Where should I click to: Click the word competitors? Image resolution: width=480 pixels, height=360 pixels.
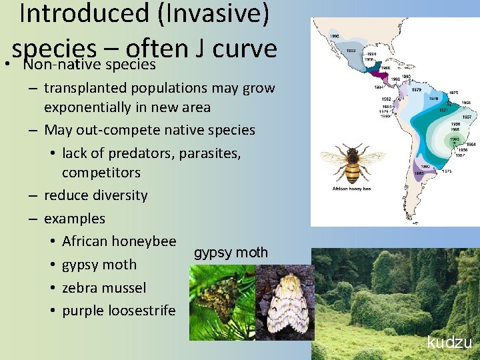point(101,173)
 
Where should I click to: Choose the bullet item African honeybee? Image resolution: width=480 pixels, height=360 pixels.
point(119,241)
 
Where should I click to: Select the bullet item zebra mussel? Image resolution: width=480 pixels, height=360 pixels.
point(104,287)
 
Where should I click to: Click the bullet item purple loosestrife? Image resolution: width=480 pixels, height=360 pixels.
point(119,311)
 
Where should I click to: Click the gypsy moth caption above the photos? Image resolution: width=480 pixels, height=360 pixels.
point(231,253)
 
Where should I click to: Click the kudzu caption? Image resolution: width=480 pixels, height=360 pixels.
point(449,343)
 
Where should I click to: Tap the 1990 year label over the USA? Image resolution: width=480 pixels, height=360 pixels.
point(335,36)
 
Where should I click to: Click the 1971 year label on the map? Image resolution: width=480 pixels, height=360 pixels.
point(443,109)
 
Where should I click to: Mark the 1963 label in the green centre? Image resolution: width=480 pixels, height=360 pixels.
point(454,139)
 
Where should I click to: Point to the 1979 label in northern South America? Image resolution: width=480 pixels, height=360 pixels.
point(416,89)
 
